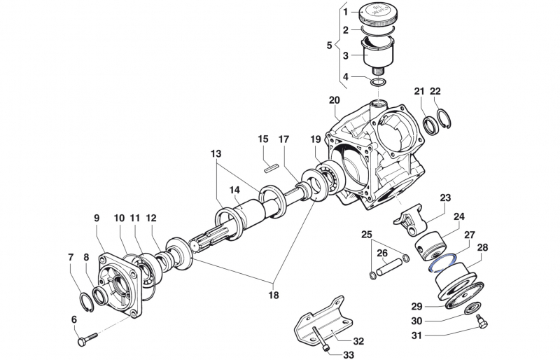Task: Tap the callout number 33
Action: (349, 355)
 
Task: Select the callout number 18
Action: (273, 295)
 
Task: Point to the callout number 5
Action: (330, 46)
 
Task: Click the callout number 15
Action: (262, 139)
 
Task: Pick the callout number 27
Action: (470, 235)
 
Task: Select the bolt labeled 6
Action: (85, 341)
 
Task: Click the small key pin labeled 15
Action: (272, 167)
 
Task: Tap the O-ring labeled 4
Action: (378, 84)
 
